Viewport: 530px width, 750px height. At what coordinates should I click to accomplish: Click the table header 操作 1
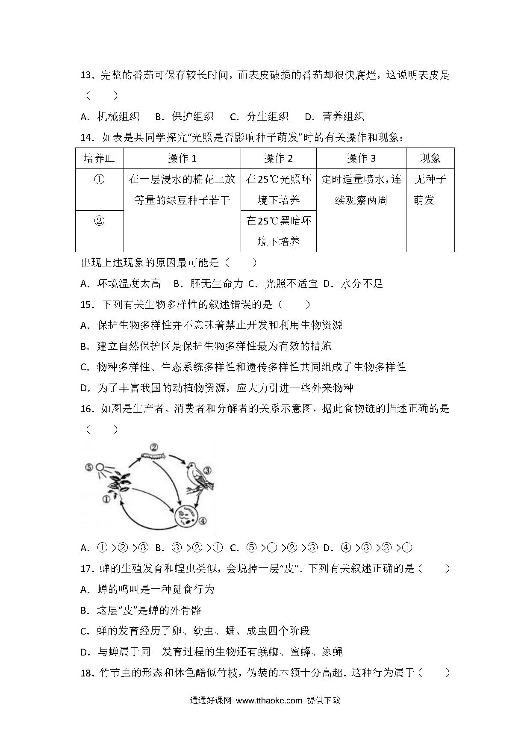(182, 159)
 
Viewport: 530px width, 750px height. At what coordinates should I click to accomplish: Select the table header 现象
(430, 159)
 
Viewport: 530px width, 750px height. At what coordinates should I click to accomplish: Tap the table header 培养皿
(100, 159)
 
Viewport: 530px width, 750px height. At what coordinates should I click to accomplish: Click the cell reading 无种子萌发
(430, 189)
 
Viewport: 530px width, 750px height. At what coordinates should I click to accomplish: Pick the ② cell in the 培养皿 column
(99, 221)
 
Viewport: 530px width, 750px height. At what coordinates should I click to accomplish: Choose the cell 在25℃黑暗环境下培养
(278, 231)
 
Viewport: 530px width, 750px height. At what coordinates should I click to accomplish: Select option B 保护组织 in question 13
(184, 116)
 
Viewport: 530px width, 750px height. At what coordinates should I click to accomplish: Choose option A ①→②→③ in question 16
(115, 548)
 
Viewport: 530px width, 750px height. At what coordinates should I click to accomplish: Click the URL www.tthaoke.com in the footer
(269, 700)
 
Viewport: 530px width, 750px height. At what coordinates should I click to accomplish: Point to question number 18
(87, 673)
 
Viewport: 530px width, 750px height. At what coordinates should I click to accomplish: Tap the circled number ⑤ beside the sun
(89, 467)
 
